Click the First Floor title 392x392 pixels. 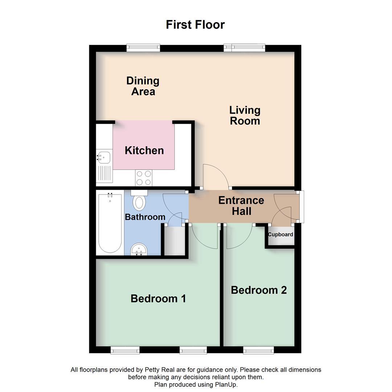pos(195,25)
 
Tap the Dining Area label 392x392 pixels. pos(143,86)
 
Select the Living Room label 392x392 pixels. pos(245,115)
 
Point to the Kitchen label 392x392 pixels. pos(144,150)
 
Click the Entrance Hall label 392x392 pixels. pos(241,205)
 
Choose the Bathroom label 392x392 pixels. pos(145,217)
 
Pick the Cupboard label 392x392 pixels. pos(280,234)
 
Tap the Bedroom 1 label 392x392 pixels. pos(158,299)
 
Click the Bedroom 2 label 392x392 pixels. pos(258,290)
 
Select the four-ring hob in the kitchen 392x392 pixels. pos(143,178)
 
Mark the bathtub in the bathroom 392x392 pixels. pos(110,223)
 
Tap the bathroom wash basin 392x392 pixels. pos(139,250)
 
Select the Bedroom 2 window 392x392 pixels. pos(258,350)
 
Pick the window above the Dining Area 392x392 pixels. pos(143,48)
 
